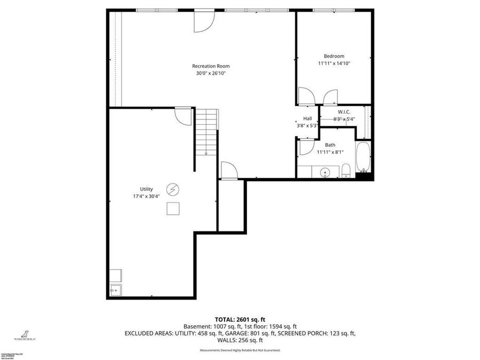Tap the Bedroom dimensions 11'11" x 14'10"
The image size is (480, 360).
(334, 63)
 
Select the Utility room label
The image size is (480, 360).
(146, 189)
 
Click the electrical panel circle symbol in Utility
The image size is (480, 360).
(173, 189)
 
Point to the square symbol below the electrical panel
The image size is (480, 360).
(173, 209)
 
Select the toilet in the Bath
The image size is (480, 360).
(346, 171)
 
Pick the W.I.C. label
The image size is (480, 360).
(343, 112)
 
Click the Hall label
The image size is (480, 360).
(307, 118)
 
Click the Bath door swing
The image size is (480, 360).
(306, 147)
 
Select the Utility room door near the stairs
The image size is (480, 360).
(183, 116)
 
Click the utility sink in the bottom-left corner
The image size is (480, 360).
(115, 290)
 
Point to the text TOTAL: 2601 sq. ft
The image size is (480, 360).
(239, 319)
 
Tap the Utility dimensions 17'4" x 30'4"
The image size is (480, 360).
(146, 196)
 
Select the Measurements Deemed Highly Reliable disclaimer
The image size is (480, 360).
(239, 350)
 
